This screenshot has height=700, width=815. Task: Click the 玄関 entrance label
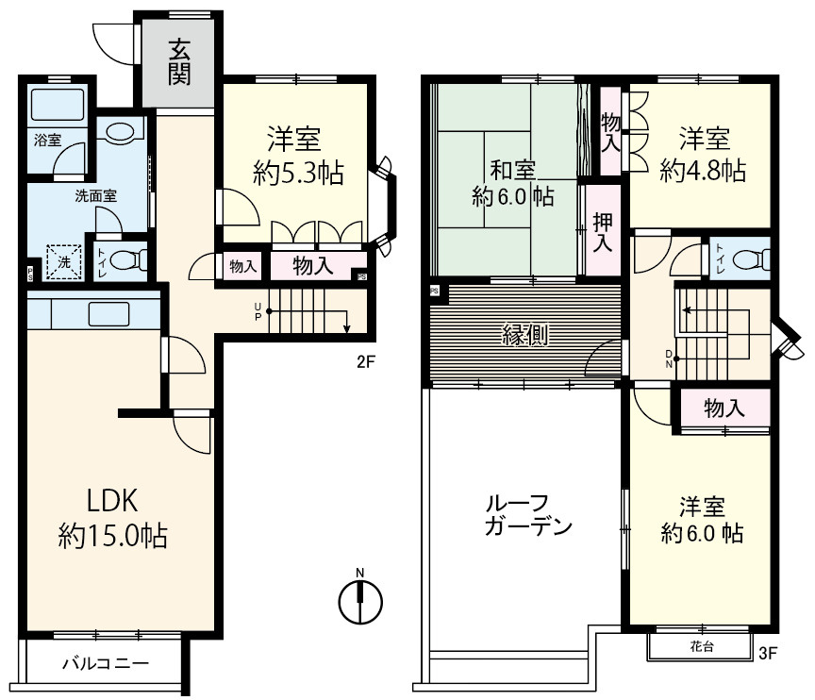(179, 62)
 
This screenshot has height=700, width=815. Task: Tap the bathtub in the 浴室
(58, 105)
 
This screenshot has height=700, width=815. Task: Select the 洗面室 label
(95, 196)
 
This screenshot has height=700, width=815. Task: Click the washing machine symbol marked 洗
(64, 262)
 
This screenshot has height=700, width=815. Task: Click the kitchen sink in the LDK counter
(108, 314)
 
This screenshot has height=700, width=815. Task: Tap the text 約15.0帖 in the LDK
(113, 536)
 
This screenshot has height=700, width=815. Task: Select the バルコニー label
(106, 663)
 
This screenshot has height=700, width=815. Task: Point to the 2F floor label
(366, 361)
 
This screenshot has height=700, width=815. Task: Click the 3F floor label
(768, 653)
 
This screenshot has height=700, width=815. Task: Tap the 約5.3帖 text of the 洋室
(298, 173)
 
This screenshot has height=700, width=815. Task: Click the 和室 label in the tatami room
(513, 170)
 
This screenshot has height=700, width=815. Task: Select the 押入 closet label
(603, 232)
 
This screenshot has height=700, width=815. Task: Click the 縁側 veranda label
(524, 334)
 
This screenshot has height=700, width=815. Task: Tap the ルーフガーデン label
(528, 515)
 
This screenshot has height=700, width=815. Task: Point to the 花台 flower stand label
(702, 646)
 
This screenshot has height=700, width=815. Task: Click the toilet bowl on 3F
(753, 259)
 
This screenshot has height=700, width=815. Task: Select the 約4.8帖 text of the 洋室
(703, 171)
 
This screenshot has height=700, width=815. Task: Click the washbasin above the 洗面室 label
(120, 130)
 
